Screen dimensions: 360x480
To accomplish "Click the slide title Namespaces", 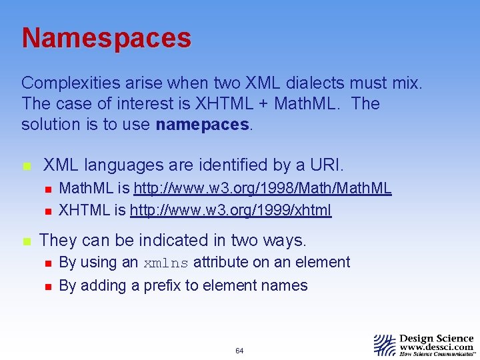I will (x=106, y=38).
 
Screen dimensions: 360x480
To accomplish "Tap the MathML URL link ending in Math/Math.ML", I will (x=263, y=189).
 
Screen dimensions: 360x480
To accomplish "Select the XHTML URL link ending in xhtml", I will (x=230, y=211).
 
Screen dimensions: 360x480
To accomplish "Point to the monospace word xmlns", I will (x=166, y=263).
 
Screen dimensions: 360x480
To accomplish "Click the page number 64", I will (x=239, y=351).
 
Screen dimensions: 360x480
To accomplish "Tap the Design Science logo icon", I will (x=384, y=345).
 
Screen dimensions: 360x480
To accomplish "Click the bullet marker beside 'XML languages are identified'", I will (x=26, y=165).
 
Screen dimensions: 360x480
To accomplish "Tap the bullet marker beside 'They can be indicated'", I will (x=26, y=241).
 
